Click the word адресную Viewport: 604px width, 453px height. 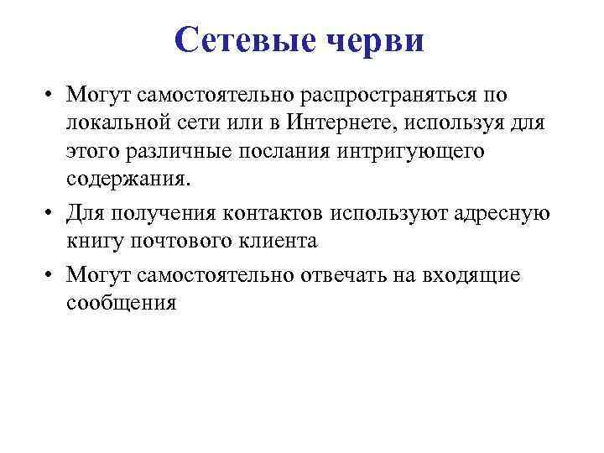[501, 213]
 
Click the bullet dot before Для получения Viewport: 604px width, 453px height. [52, 213]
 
